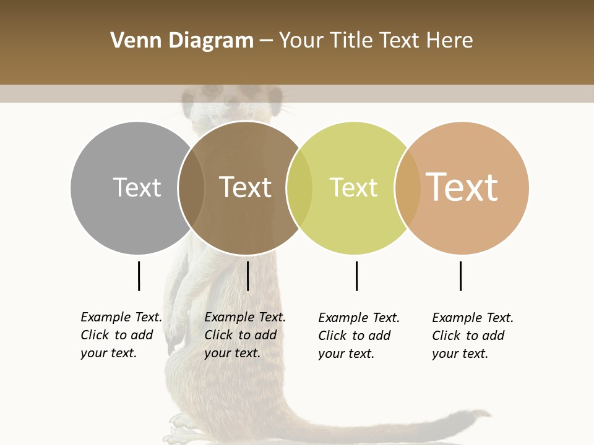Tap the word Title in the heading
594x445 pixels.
351,41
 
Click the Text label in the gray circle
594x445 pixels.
137,187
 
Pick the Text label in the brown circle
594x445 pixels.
246,187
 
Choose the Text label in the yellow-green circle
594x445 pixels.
353,187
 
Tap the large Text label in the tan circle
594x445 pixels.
462,187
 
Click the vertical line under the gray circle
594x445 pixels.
139,276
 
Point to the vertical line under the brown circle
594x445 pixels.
247,276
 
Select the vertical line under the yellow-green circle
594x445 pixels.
356,276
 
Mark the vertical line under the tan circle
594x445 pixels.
460,276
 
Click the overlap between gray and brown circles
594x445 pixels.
192,188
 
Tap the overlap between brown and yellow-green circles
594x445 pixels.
299,188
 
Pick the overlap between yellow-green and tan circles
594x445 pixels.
408,188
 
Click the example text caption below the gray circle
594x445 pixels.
121,335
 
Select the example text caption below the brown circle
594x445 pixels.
245,335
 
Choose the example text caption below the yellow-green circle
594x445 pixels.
359,336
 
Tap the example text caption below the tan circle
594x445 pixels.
473,336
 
